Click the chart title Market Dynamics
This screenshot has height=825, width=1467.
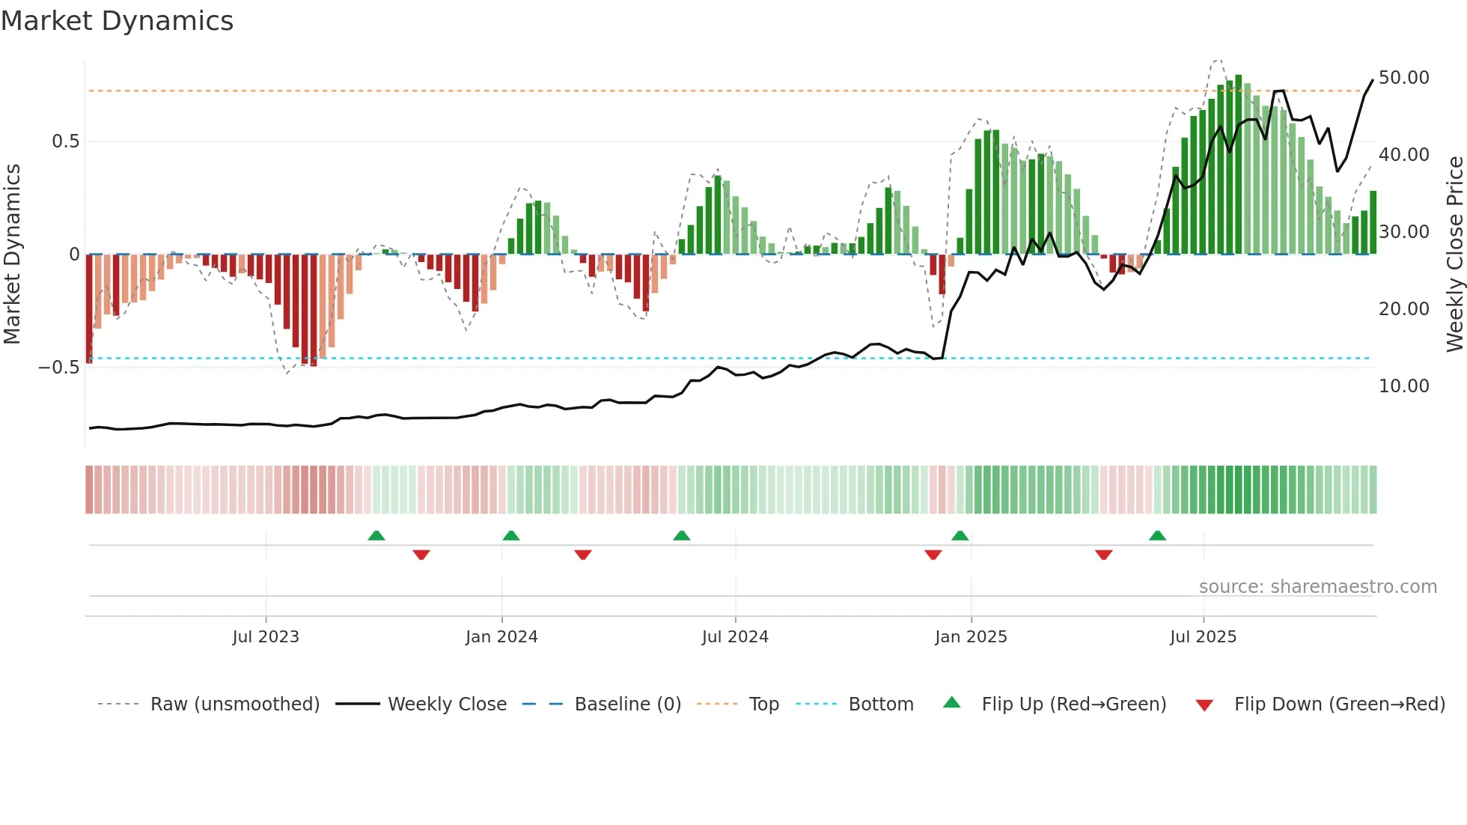point(117,21)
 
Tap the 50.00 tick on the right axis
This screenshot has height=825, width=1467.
point(1403,78)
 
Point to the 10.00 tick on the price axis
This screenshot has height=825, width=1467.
point(1403,386)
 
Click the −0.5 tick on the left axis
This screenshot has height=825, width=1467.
point(59,368)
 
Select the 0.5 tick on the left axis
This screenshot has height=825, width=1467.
point(65,141)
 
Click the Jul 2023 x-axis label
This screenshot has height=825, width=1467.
point(265,637)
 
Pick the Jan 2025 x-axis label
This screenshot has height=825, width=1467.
point(971,637)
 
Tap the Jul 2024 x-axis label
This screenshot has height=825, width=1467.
point(735,637)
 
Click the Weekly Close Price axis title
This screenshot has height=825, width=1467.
point(1454,255)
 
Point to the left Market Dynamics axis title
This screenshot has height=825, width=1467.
point(12,255)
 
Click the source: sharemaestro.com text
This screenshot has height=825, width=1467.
point(1317,587)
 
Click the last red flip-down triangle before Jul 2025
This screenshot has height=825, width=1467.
point(1103,555)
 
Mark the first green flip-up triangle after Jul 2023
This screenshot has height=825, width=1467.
point(376,535)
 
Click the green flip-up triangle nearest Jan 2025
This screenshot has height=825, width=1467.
point(960,535)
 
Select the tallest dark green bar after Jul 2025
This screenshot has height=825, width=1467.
point(1239,165)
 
